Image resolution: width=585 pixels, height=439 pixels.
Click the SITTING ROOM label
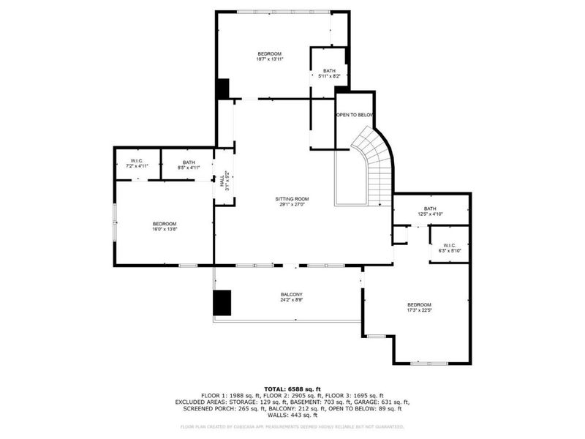[x=292, y=198]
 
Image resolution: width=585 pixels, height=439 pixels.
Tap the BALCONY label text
[x=292, y=294]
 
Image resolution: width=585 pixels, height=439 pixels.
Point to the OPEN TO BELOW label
[x=354, y=116]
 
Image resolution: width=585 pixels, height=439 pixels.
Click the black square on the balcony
[x=222, y=302]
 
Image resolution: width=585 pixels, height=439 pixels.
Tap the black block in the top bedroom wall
[x=222, y=88]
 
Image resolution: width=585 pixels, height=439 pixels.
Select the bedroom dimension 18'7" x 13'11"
[x=270, y=60]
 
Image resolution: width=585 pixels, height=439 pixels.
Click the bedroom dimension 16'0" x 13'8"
[x=164, y=230]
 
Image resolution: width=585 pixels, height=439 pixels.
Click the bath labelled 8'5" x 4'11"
[x=189, y=168]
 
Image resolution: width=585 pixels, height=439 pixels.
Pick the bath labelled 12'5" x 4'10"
[x=430, y=214]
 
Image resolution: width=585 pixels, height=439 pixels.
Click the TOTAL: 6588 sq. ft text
[x=292, y=389]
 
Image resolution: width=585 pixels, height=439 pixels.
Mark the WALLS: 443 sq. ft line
[x=292, y=415]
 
